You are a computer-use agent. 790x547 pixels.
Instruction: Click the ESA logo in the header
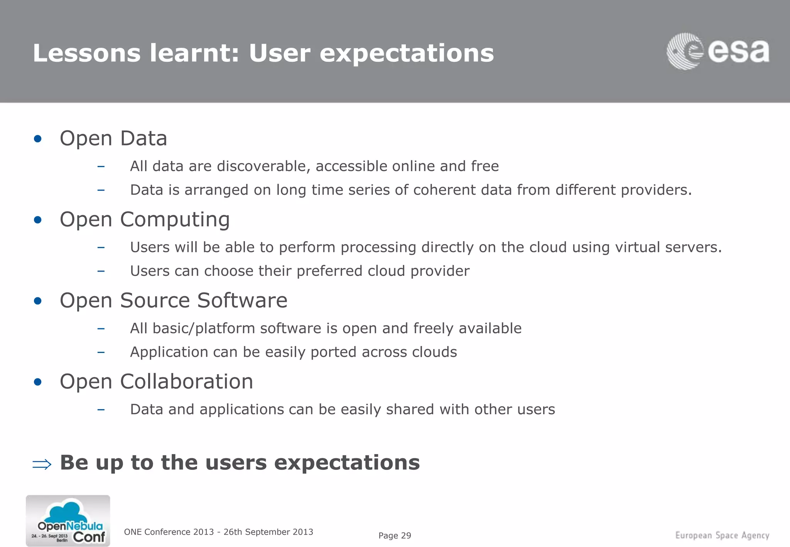[718, 52]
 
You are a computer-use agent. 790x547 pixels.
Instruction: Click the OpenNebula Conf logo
[68, 521]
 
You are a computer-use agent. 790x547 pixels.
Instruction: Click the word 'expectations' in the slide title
[407, 53]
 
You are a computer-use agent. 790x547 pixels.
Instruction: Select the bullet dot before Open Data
[37, 139]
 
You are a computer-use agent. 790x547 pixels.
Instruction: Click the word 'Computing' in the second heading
[175, 219]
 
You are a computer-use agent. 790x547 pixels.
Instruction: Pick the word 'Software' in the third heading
[242, 301]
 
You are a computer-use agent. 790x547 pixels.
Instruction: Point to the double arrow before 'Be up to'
[42, 464]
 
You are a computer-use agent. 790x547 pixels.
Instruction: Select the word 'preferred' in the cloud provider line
[329, 271]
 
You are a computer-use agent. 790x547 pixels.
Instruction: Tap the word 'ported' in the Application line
[333, 352]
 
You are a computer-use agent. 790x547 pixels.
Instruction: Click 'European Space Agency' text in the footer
[722, 535]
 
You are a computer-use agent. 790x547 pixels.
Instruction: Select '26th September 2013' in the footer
[268, 532]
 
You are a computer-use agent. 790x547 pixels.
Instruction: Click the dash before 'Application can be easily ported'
[101, 352]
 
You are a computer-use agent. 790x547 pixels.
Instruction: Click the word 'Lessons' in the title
[86, 53]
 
